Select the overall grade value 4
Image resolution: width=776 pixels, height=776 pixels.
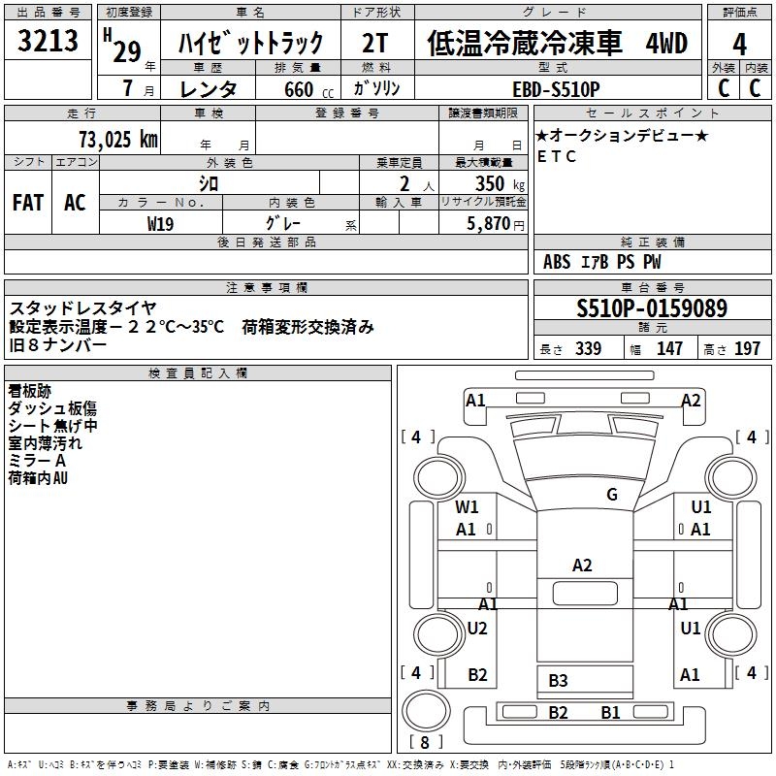pos(740,45)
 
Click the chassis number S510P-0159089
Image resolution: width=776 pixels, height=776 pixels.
pos(652,309)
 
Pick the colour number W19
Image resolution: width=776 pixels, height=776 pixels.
pos(161,224)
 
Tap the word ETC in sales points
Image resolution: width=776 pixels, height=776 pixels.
pos(556,157)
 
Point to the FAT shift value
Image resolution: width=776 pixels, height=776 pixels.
pos(28,203)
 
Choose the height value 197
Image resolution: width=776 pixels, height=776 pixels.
pos(747,348)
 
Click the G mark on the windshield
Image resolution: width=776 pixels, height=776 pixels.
pos(612,495)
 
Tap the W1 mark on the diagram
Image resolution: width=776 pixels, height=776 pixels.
pos(468,507)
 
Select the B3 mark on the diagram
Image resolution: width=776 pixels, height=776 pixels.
pos(558,681)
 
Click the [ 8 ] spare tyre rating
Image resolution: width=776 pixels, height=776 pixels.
pos(424,743)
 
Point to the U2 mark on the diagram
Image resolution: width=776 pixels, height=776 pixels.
pos(477,629)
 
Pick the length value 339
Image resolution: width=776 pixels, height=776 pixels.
pos(588,348)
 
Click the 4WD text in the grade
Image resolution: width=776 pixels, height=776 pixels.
pos(665,44)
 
